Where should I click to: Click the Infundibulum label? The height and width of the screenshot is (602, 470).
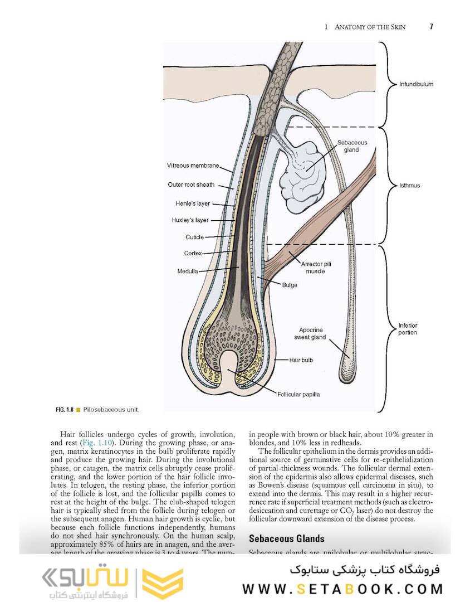click(415, 85)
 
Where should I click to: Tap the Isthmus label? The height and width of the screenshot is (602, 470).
click(409, 186)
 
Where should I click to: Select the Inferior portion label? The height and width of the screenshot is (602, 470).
click(408, 329)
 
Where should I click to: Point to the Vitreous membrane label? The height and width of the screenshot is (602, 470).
click(193, 166)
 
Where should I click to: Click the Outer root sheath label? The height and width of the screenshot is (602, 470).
click(191, 185)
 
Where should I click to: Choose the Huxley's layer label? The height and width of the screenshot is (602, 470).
click(190, 220)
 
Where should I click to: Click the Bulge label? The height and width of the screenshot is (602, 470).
click(290, 285)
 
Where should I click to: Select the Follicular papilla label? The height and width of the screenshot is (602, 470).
click(298, 395)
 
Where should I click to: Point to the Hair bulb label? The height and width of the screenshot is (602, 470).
click(301, 360)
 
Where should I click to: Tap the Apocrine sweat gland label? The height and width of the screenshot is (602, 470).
click(310, 333)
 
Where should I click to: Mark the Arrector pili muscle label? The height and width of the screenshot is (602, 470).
click(316, 268)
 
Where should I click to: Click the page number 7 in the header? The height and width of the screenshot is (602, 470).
click(431, 26)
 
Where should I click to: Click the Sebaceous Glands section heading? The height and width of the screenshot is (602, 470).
click(286, 538)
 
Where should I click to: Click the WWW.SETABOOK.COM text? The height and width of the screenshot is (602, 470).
click(343, 589)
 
